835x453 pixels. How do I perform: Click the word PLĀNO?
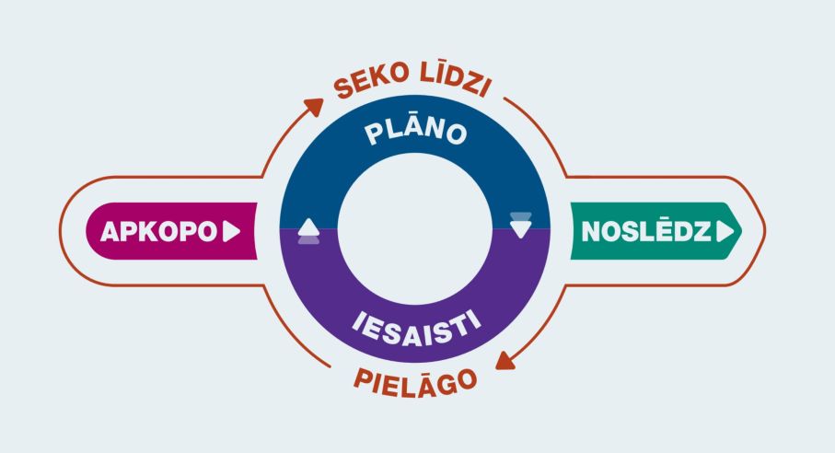click(415, 132)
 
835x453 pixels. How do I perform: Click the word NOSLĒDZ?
click(645, 231)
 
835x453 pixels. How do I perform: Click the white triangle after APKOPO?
click(231, 231)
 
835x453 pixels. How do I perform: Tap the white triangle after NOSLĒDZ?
click(727, 231)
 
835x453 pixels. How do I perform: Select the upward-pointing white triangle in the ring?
click(308, 226)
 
